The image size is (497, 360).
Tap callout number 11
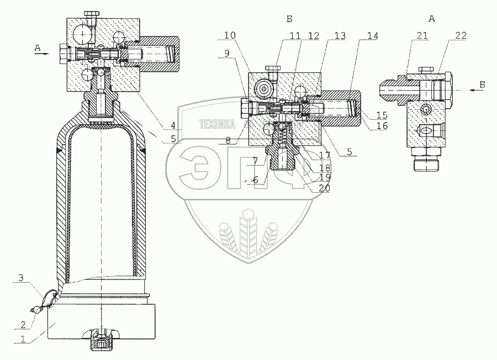[x=295, y=35]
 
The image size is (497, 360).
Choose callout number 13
[x=340, y=35]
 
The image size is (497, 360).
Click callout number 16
[x=381, y=126]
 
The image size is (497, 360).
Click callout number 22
[x=461, y=35]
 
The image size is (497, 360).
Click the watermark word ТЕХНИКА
[x=216, y=124]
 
